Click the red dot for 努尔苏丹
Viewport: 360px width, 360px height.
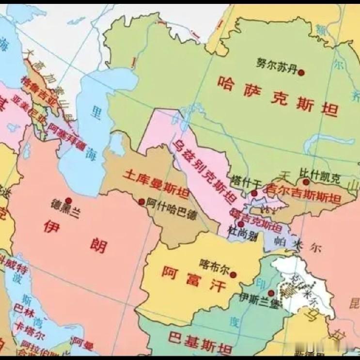[301, 73]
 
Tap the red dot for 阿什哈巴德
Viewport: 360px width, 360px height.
[141, 202]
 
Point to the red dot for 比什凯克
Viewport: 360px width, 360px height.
[306, 182]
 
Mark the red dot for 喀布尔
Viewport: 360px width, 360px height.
[234, 275]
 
